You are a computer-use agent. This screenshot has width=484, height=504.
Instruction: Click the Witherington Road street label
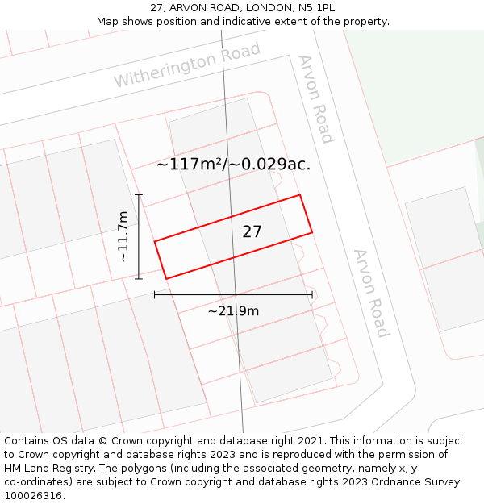click(187, 65)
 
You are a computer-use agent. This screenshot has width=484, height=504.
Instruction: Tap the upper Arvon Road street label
click(315, 98)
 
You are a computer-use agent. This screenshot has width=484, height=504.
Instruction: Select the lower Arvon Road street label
click(371, 293)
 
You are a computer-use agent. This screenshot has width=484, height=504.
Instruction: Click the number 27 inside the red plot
click(252, 231)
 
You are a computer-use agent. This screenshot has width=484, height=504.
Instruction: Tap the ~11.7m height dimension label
click(123, 236)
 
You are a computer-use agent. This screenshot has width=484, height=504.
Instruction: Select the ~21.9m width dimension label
click(233, 311)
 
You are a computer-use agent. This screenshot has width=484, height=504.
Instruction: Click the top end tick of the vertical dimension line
click(139, 194)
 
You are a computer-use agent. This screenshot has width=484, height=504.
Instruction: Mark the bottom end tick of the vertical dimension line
click(139, 279)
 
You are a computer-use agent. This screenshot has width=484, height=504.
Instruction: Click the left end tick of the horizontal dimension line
click(155, 295)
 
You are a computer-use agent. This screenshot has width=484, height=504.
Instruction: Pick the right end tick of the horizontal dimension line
click(312, 295)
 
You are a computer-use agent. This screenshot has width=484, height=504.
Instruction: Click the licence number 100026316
click(32, 496)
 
